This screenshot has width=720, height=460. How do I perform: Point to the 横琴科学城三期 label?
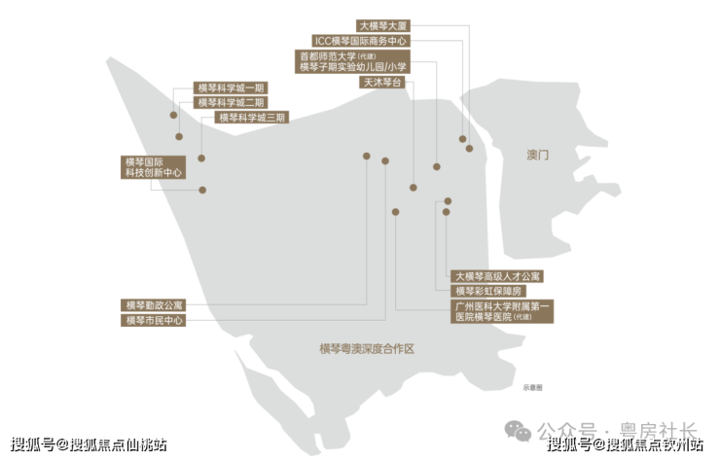252,118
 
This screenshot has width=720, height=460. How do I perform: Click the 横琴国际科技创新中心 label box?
154,166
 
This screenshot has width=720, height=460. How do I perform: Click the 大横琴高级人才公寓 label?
497,276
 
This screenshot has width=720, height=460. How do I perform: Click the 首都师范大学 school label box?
353,62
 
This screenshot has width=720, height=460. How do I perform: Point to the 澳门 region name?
538,155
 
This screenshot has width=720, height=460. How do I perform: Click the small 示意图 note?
532,387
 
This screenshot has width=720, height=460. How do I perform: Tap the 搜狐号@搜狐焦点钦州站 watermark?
626,445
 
